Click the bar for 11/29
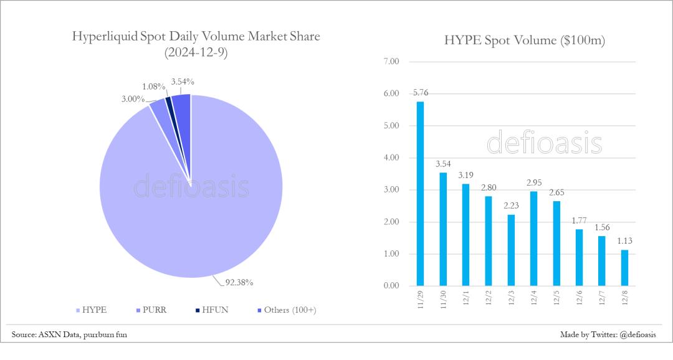coord(420,194)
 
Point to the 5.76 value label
coord(420,93)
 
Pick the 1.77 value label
coord(579,221)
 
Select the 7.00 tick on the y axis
coord(391,62)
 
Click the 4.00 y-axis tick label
coord(391,158)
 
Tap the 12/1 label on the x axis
coord(465,296)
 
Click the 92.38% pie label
coord(239,282)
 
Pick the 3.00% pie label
coord(133,99)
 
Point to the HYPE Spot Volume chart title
coord(525,41)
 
